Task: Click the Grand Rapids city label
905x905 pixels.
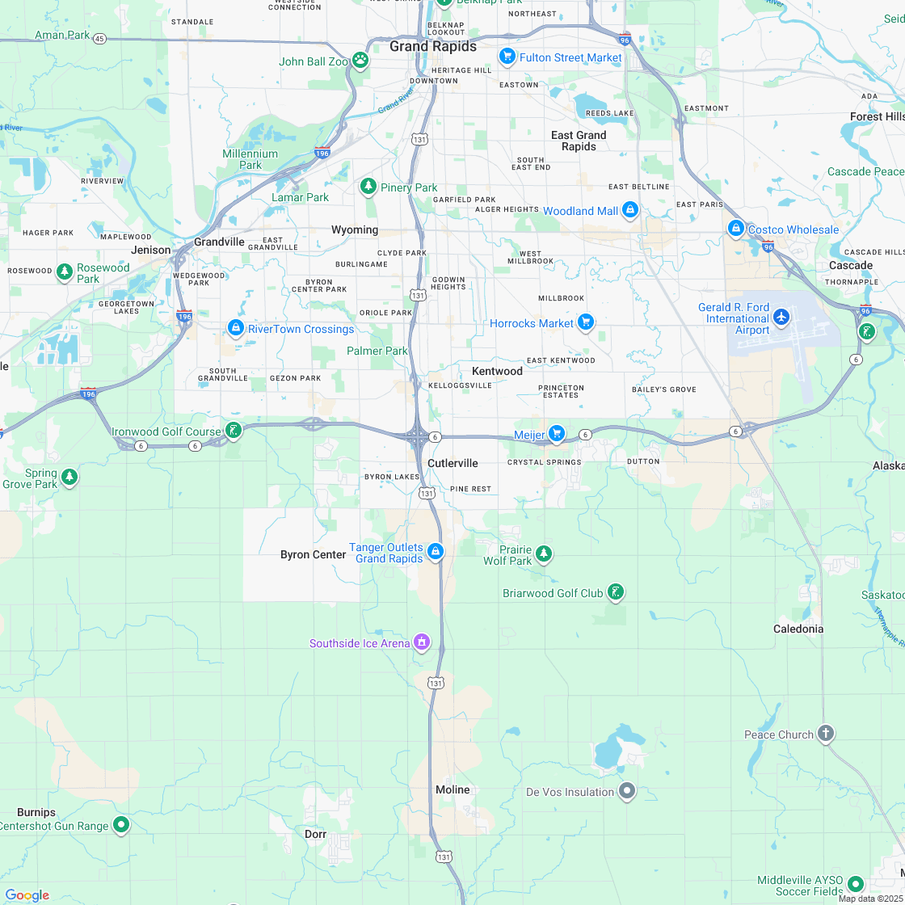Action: [433, 46]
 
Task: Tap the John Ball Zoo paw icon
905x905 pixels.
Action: [360, 61]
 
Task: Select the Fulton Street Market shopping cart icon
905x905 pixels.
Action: [507, 57]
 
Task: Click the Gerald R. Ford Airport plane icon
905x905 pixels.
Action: [781, 316]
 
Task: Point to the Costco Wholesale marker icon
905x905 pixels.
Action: [735, 229]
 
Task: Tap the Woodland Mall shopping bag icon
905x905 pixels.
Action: [630, 211]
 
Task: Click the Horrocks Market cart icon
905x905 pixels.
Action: [586, 323]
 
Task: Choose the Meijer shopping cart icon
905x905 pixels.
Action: [556, 435]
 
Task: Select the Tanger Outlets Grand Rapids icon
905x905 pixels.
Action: [435, 552]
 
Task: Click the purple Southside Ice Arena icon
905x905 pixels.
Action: [421, 642]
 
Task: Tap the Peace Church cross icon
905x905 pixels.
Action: [825, 734]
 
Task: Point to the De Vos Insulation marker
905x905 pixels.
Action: [627, 791]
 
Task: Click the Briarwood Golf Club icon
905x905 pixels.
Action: [616, 593]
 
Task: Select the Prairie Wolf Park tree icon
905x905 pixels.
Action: [545, 554]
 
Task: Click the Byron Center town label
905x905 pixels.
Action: [313, 554]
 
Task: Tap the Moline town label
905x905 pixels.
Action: [452, 789]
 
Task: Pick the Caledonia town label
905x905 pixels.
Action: [798, 629]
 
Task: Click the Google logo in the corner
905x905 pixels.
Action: [27, 894]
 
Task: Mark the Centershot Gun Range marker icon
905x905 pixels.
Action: [121, 824]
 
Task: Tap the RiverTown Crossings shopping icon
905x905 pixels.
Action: [236, 328]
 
